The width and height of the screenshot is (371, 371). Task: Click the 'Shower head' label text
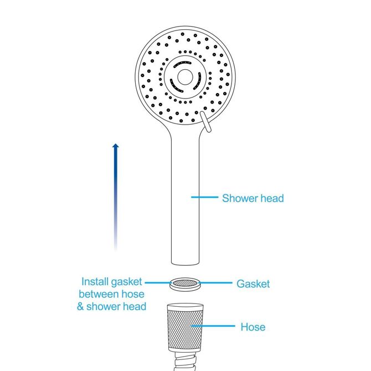pos(253,198)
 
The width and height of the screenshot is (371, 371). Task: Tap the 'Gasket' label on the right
pos(253,284)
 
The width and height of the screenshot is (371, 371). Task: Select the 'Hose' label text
pos(253,327)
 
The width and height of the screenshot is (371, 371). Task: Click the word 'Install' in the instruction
pos(95,281)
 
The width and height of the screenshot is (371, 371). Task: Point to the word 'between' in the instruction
pos(99,294)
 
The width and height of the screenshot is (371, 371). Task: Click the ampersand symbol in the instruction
pos(80,306)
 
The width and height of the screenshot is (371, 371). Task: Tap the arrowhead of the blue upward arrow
pos(116,146)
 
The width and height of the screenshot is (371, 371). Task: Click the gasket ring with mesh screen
pos(185,284)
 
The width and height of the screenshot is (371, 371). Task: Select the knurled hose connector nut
pos(185,327)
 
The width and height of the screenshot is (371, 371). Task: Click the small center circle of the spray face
pos(185,77)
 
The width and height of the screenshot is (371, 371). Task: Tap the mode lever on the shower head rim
pos(205,122)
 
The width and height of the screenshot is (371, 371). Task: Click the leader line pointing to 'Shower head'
pos(205,197)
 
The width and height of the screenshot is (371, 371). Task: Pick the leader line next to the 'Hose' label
pos(213,326)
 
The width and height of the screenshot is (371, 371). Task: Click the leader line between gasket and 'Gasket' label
pos(215,282)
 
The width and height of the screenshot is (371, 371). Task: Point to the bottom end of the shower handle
pos(185,264)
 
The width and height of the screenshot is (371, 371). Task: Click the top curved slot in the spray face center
pos(182,64)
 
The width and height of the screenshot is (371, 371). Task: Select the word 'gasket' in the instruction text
pos(127,282)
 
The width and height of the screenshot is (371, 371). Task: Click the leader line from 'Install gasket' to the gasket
pos(158,282)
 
